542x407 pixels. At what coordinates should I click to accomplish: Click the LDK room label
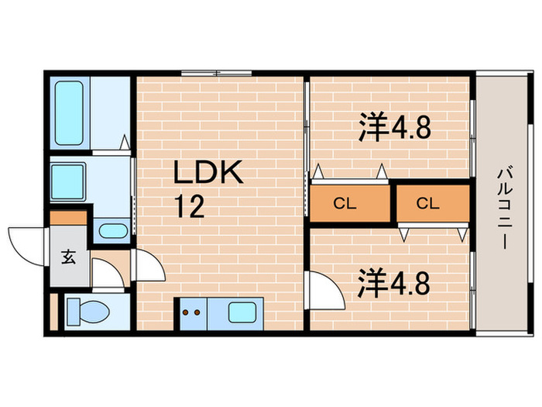coord(208,173)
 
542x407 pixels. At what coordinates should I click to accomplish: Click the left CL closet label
coord(345,204)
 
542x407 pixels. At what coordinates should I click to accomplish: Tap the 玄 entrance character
coord(69,258)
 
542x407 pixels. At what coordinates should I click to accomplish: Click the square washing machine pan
coord(68,183)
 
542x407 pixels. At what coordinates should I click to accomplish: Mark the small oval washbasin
coord(113,230)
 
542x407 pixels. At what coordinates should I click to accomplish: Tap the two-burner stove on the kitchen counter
coord(190,313)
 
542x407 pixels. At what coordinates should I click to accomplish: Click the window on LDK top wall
coord(217,74)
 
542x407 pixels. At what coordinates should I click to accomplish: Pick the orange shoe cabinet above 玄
coord(69,219)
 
